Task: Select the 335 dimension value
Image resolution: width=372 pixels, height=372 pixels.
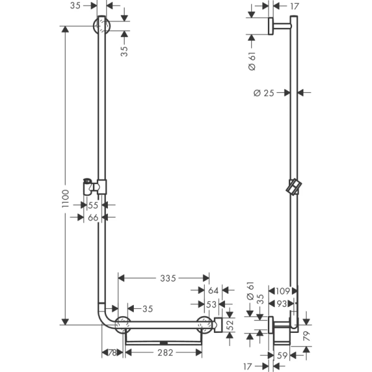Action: (164, 278)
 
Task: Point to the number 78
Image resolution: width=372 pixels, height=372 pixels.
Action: (112, 352)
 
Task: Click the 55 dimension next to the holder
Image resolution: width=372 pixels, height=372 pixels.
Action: (92, 205)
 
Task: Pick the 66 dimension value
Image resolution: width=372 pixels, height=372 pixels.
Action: (92, 217)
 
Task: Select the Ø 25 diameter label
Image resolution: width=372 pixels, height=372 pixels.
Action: (264, 93)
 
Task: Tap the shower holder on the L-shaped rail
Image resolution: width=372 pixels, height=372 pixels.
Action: (94, 185)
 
